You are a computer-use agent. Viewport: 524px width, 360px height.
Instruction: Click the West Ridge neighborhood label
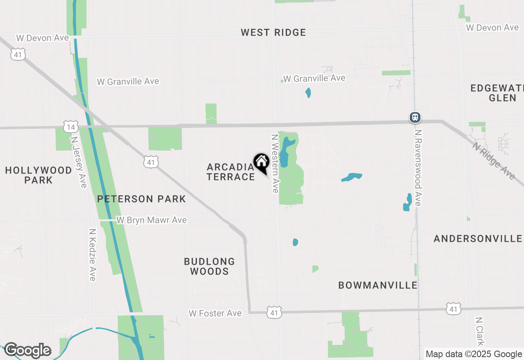coord(273,33)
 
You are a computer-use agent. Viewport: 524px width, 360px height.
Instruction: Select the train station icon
coord(415,118)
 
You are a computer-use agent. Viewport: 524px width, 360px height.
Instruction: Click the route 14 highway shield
coord(71,127)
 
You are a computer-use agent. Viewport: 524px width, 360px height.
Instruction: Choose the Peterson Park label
coord(141,199)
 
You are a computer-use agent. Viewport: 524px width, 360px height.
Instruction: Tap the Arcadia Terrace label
coord(230,172)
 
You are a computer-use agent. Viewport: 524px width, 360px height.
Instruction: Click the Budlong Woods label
coord(209,266)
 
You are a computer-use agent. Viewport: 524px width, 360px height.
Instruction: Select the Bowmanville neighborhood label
coord(378,286)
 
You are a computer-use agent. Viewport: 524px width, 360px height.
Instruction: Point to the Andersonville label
coord(478,239)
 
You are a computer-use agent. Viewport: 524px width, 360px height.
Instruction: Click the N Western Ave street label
coord(275,163)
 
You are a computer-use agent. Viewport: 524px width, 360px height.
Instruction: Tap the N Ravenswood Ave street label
coord(418,168)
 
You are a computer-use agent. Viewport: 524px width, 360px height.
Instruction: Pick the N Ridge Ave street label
coord(494,160)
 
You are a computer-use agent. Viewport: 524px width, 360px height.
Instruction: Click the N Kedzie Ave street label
coord(93,255)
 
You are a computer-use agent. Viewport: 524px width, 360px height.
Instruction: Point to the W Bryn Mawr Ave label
coord(151,220)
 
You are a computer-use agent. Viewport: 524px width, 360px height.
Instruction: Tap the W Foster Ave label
coord(215,313)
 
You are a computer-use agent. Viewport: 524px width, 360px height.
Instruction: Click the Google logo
coord(27,350)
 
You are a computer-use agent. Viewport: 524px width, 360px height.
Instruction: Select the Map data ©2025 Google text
coord(474,354)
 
